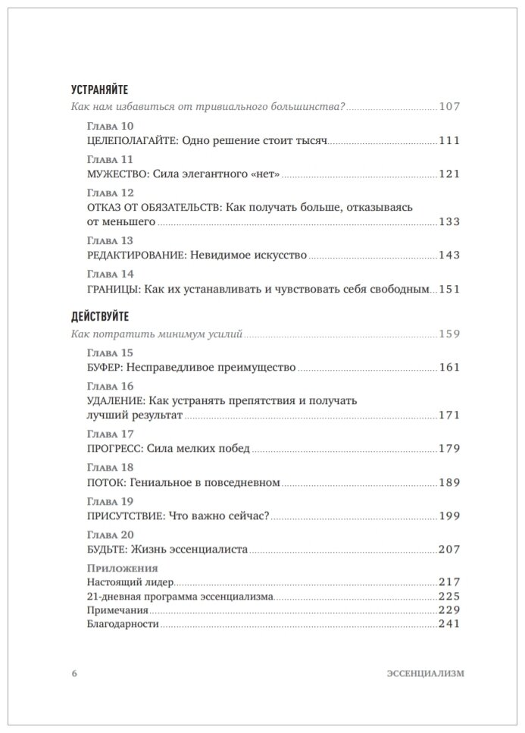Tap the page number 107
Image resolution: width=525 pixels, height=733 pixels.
coord(449,107)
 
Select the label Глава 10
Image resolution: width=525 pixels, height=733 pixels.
coord(111,127)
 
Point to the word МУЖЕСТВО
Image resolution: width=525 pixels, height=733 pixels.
coord(113,174)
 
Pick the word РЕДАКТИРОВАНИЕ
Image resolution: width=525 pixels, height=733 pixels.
coord(130,255)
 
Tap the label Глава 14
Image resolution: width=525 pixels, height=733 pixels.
coord(111,274)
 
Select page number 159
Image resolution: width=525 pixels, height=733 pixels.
coord(449,334)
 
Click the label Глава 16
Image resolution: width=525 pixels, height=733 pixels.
coord(111,386)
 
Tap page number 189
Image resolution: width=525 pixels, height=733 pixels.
coord(449,481)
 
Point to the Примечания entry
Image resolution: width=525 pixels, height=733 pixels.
coord(118,609)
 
